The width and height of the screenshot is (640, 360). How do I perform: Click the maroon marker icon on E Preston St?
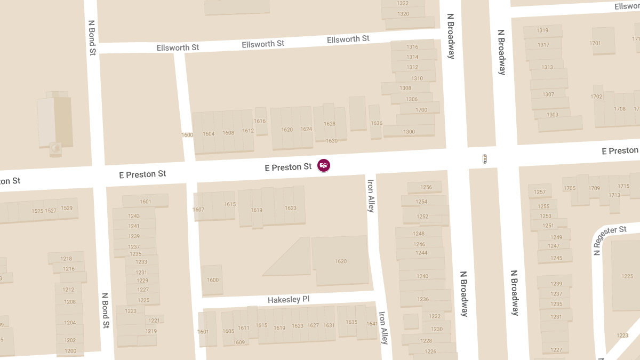coord(323,165)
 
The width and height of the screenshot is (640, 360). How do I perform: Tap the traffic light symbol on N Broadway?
coord(484,159)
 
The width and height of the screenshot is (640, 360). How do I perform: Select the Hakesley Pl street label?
coord(288,299)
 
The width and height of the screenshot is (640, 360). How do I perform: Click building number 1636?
coord(376,123)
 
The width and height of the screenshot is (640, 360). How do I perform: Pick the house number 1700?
coord(421,110)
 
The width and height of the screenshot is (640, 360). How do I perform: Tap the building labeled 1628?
coord(330,123)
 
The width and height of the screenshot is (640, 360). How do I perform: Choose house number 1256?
coord(426,187)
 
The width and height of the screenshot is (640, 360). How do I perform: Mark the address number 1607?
coord(198,210)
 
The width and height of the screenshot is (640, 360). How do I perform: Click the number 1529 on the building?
coord(66,208)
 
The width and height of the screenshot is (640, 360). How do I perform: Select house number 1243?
coord(134,216)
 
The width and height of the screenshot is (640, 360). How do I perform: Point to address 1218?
coord(66,259)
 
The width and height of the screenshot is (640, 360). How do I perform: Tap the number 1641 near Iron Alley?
coord(372,324)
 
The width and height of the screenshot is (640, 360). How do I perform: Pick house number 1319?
coord(542,30)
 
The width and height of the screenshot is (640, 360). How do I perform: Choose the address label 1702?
coord(596,97)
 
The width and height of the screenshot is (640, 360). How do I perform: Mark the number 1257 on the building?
coord(540,192)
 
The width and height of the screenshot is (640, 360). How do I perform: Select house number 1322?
coord(403,3)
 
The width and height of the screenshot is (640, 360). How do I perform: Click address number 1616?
coord(260,121)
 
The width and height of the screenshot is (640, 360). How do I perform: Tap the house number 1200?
coord(70,351)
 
